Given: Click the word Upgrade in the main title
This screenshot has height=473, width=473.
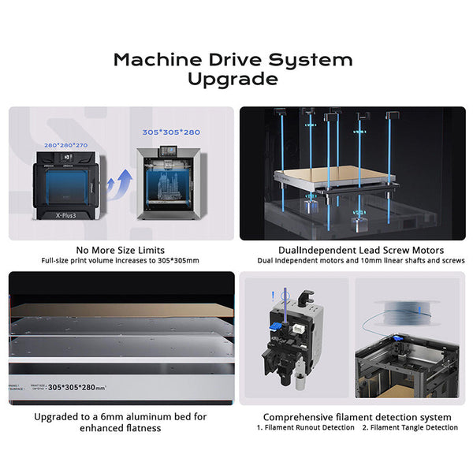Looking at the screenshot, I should pos(233,80).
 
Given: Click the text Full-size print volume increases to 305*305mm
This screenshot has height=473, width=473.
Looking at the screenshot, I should pos(121,261).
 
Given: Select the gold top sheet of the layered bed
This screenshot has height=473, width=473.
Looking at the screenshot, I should pos(118,311).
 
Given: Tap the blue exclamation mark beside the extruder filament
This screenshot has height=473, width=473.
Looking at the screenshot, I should pos(273,297).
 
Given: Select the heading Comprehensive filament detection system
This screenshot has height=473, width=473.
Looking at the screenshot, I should pos(357,416).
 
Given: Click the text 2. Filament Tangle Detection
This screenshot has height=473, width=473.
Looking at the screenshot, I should pos(409,428).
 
